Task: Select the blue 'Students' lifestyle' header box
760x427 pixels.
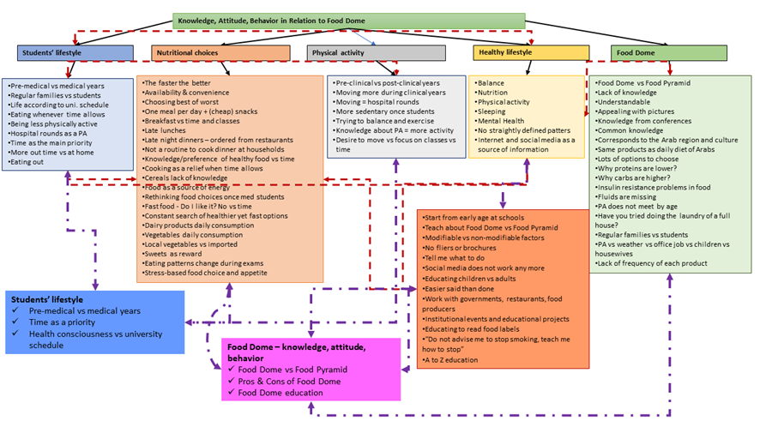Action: (75, 53)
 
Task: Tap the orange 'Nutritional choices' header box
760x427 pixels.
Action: (221, 53)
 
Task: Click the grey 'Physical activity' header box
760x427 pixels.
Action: (376, 53)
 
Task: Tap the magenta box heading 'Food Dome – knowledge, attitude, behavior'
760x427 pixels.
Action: (295, 352)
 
